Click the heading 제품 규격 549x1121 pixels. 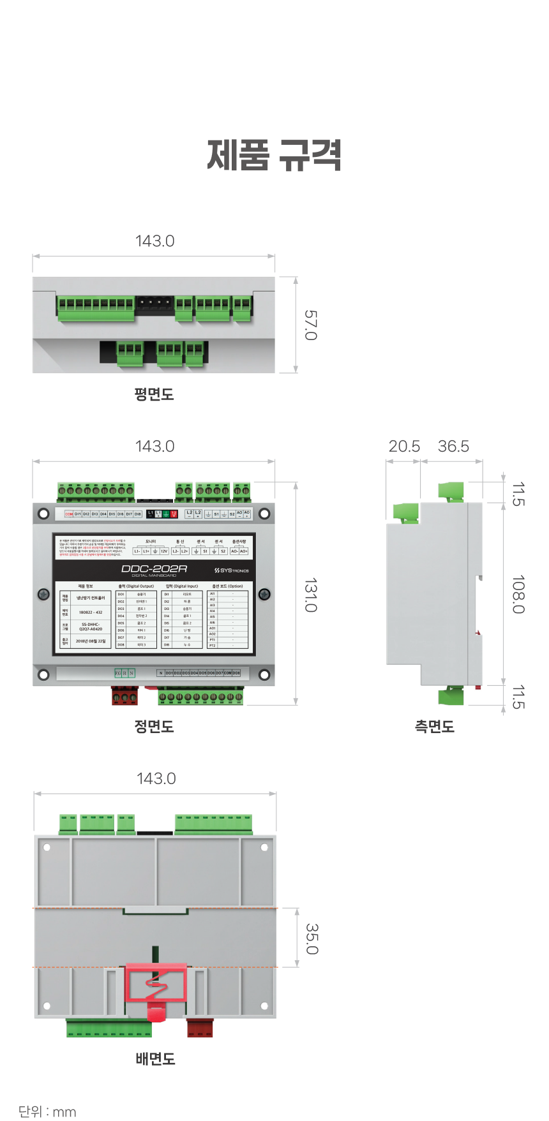pos(274,155)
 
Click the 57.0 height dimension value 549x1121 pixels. pos(310,325)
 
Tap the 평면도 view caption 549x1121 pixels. pos(154,394)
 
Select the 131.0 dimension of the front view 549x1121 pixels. pos(310,595)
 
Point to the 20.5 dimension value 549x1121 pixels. pos(404,447)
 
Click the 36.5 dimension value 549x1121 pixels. pos(453,447)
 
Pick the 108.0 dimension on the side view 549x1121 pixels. pos(518,594)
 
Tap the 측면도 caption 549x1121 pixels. pos(435,726)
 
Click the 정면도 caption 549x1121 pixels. pos(154,726)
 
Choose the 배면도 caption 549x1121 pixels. pos(155,1059)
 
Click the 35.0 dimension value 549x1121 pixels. pos(312,939)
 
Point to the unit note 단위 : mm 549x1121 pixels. pos(47,1111)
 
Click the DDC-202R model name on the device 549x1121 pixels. pos(154,568)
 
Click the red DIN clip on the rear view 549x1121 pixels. pos(156,986)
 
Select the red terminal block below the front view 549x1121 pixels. pos(124,695)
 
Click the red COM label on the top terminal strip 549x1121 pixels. pos(69,514)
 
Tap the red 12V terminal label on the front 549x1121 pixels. pos(174,514)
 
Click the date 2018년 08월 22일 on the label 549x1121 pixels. pos(91,641)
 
